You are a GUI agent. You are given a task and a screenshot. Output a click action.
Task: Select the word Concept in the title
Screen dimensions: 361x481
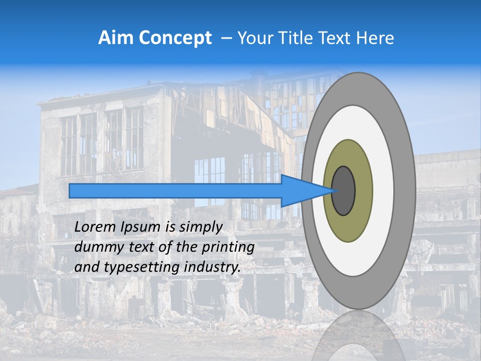coord(175,38)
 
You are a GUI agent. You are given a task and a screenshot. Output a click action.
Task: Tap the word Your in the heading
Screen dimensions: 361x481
coord(254,38)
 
